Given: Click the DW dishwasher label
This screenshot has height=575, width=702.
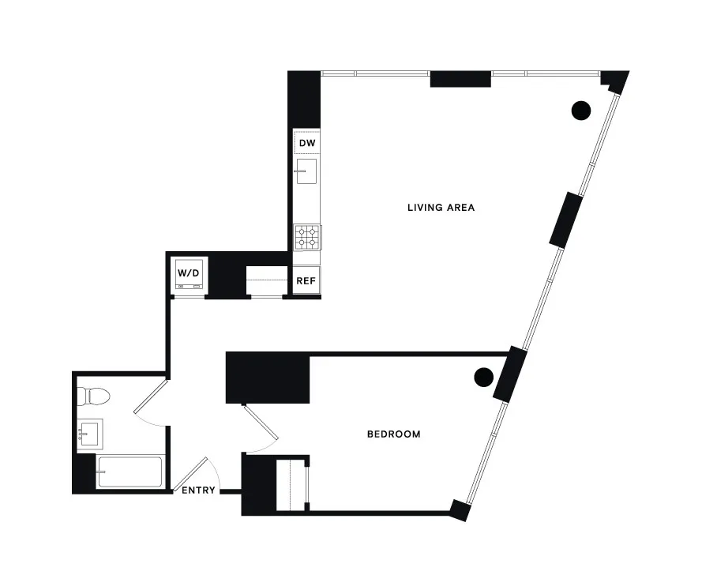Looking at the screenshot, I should click(307, 143).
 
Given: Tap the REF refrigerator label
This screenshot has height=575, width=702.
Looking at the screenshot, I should click(306, 280).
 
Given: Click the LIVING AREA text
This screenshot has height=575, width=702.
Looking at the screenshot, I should click(440, 208).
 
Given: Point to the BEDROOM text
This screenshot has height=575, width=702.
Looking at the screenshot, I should click(393, 434).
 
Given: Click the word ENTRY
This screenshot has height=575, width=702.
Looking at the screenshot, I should click(198, 490).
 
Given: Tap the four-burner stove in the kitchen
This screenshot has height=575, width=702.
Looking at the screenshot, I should click(307, 238).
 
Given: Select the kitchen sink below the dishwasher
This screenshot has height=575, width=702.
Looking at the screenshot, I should click(306, 171).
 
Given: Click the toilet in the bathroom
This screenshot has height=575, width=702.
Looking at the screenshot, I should click(96, 395).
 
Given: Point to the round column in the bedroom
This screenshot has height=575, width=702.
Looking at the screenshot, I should click(484, 377).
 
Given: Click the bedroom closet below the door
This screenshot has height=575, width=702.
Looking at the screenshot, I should click(291, 484).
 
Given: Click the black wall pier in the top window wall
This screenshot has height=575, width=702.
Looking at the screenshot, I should click(461, 78).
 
